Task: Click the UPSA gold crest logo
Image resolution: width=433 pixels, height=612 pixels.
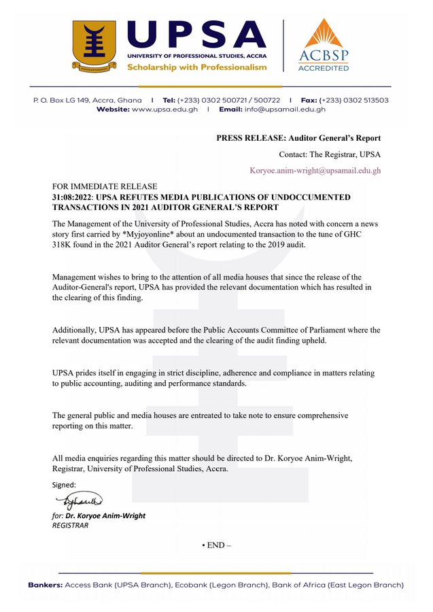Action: click(x=94, y=46)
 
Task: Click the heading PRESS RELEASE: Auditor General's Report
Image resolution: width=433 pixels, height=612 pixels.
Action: click(x=299, y=138)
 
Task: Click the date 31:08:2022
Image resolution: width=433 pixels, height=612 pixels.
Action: click(x=74, y=197)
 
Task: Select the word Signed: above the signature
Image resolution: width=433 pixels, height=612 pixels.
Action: click(x=65, y=485)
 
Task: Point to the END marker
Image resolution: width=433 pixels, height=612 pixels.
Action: click(x=217, y=545)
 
